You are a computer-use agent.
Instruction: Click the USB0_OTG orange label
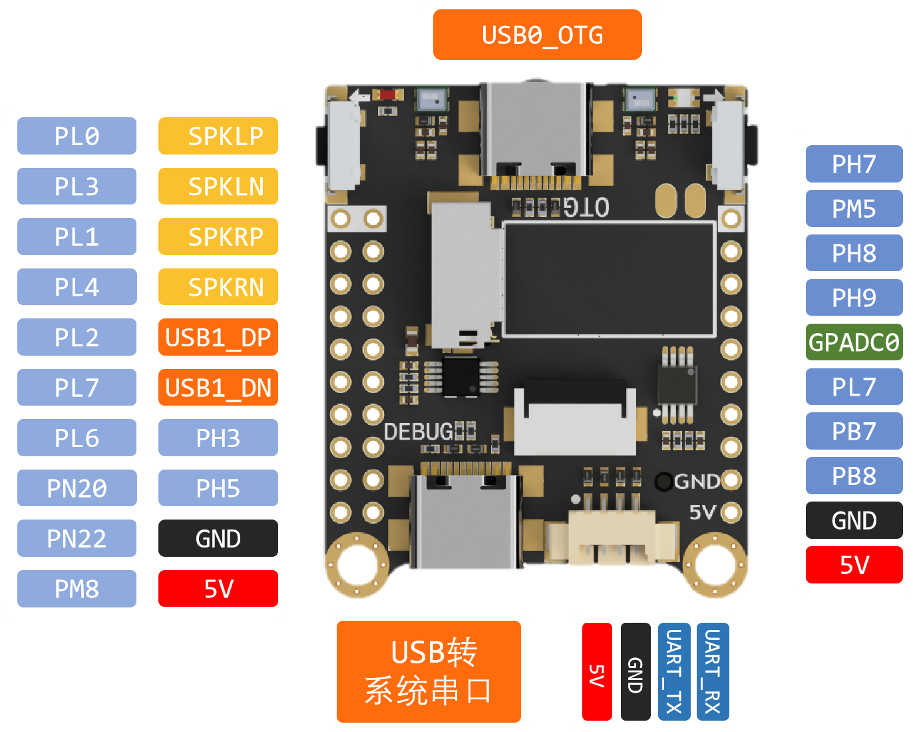pos(537,35)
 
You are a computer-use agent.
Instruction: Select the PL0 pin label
pos(77,136)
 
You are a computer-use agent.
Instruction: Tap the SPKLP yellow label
pos(218,136)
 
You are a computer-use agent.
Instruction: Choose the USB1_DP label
pos(218,337)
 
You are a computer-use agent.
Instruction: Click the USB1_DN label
pos(218,388)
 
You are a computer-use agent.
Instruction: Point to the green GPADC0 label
pos(854,342)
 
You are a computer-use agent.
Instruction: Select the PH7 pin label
pos(854,164)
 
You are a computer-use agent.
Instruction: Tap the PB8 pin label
pos(854,476)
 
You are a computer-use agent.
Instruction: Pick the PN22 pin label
pos(77,538)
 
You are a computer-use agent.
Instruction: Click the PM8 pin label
pos(77,589)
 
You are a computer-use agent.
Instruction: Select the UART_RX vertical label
pos(713,671)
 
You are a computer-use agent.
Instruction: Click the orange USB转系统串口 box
pos(429,671)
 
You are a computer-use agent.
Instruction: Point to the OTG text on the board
pos(586,208)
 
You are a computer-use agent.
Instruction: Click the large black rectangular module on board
pos(609,280)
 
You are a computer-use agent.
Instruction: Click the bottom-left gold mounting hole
pos(357,564)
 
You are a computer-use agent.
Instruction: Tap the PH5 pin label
pos(218,488)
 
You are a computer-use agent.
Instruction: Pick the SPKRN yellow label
pos(218,287)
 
